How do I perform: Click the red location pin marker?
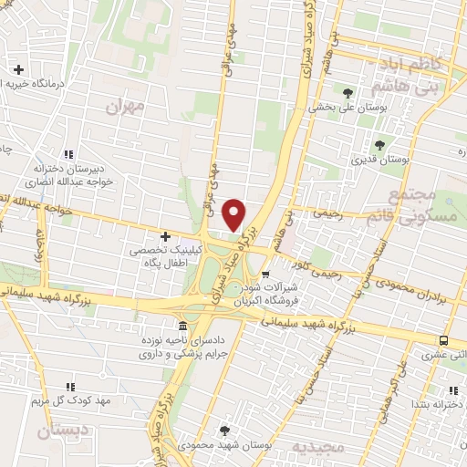pyautogui.click(x=234, y=213)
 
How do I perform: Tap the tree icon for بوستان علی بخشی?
pyautogui.click(x=348, y=92)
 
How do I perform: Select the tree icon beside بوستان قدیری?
pyautogui.click(x=379, y=144)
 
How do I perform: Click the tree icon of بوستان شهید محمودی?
pyautogui.click(x=224, y=430)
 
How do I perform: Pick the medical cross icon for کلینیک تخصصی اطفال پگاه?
pyautogui.click(x=165, y=235)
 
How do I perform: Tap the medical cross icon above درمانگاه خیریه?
pyautogui.click(x=18, y=69)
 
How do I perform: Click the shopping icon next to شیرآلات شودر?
pyautogui.click(x=265, y=274)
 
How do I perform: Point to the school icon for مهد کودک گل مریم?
pyautogui.click(x=71, y=387)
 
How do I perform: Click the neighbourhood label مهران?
pyautogui.click(x=125, y=107)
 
